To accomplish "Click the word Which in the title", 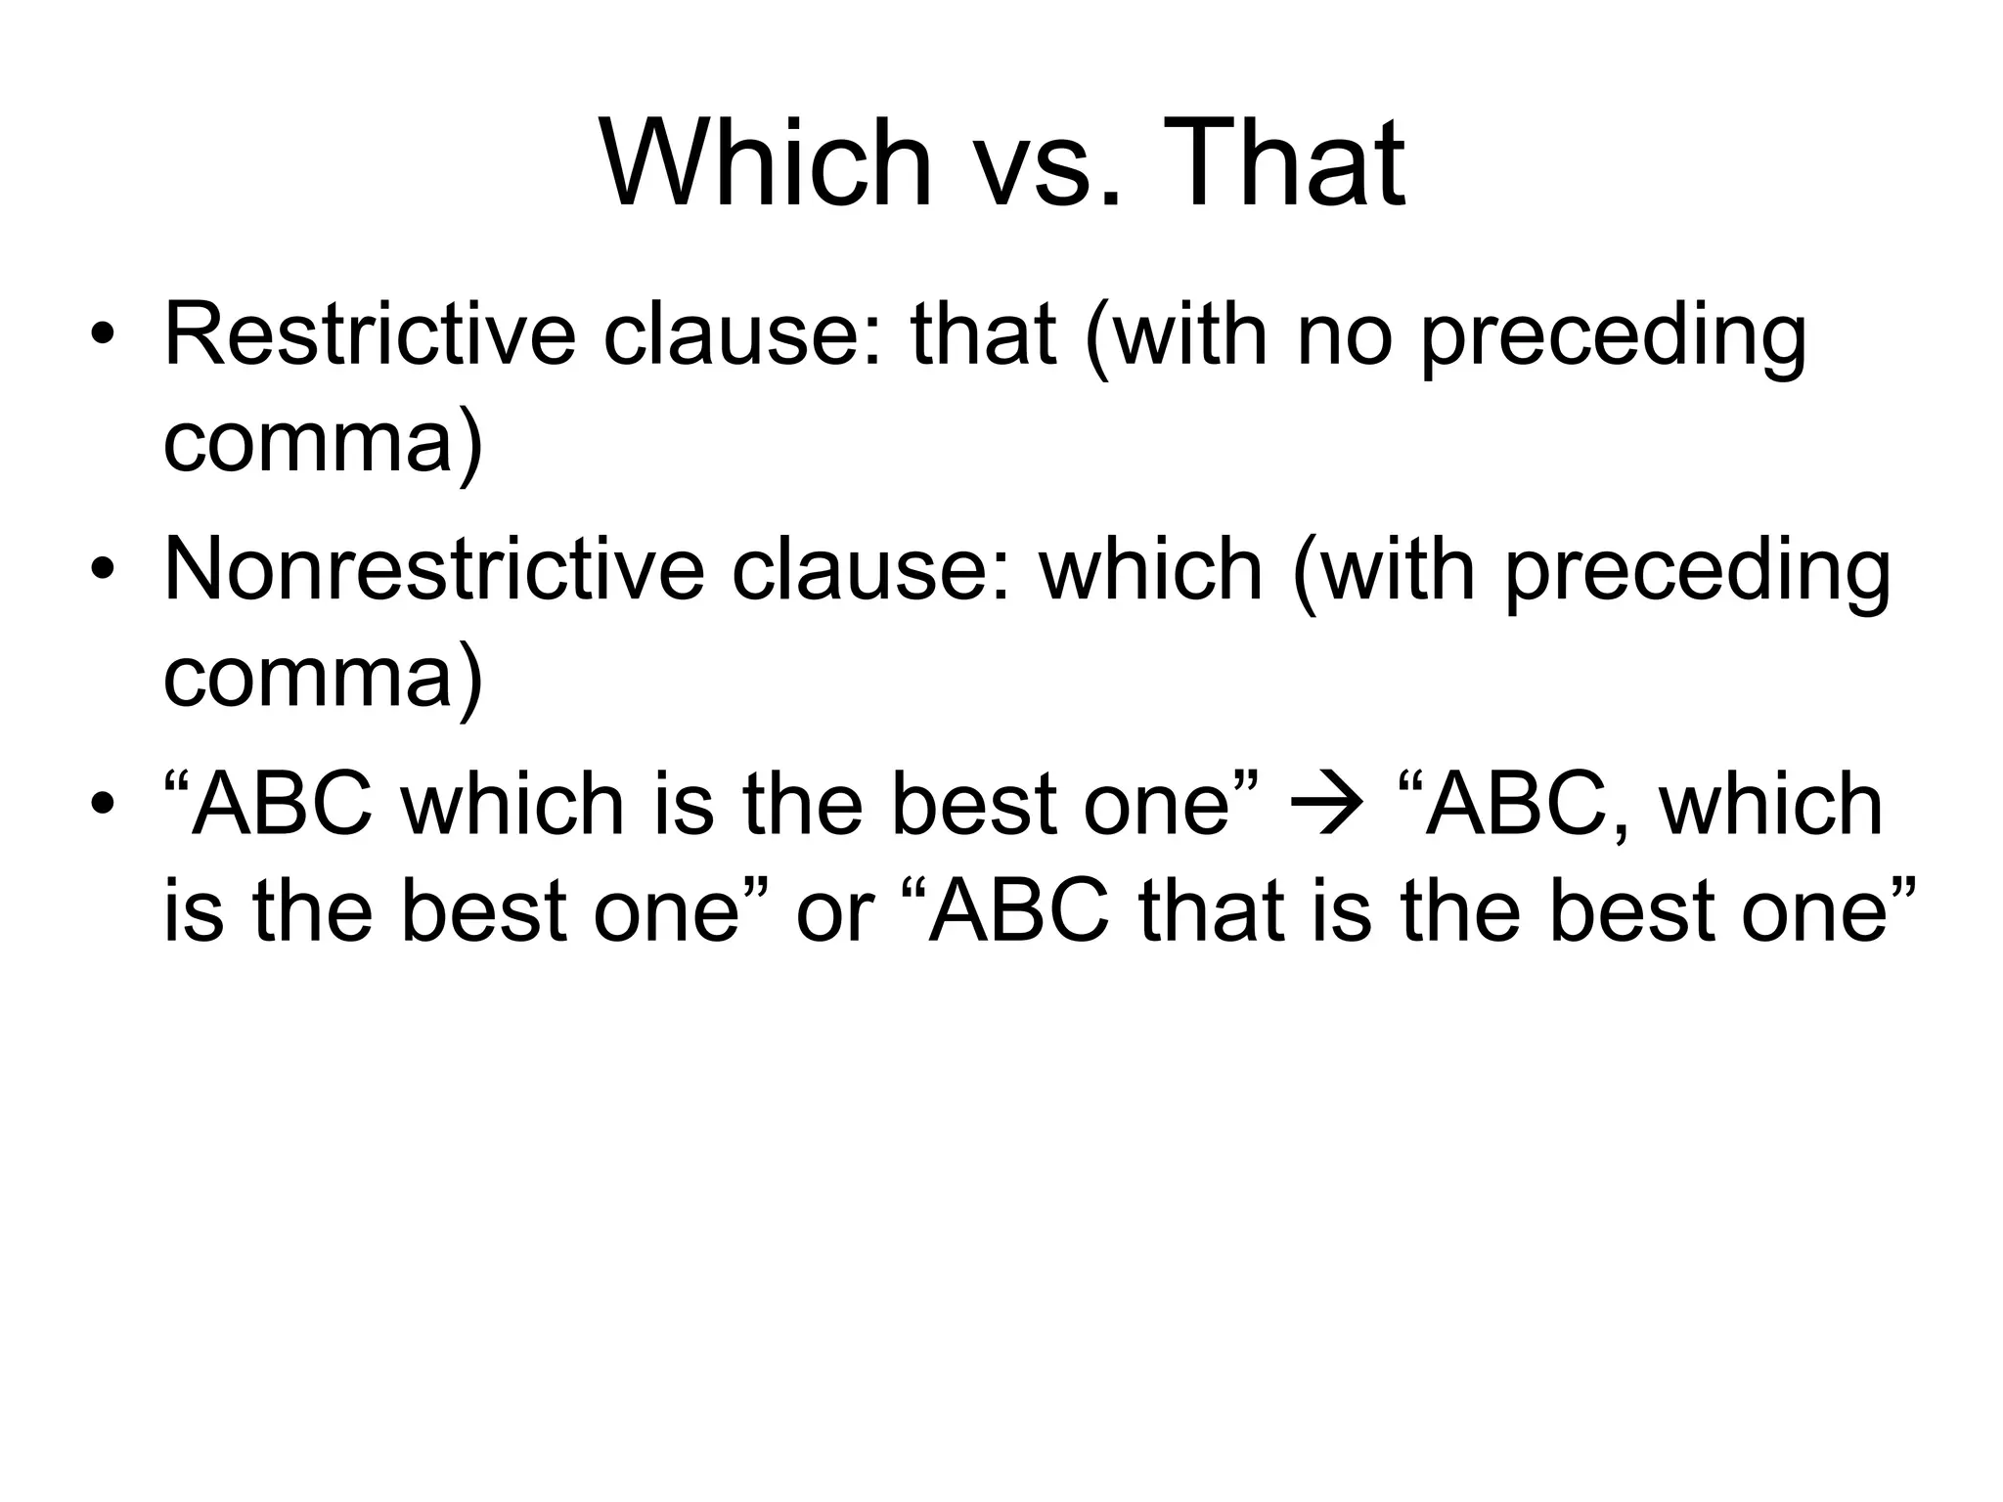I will (x=766, y=163).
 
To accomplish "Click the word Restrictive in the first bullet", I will (x=370, y=334).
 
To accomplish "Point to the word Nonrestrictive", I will (x=433, y=570).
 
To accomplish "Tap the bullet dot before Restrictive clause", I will (x=102, y=336).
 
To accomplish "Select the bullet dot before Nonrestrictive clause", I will (x=102, y=572).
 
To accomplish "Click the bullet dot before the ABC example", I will (x=102, y=807).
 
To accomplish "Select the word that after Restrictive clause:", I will (x=983, y=334).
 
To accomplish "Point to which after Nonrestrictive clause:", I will (x=1151, y=570).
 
